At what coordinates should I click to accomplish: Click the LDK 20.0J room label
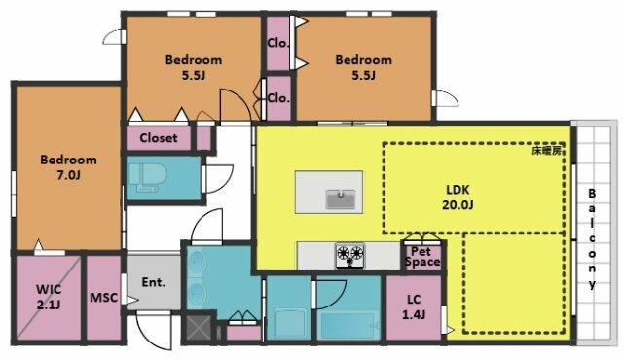(x=458, y=198)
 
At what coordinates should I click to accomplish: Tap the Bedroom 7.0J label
(x=68, y=167)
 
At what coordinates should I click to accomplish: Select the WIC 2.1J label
(x=49, y=297)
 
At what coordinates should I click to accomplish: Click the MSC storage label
(x=104, y=298)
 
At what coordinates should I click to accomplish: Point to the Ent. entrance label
(x=154, y=282)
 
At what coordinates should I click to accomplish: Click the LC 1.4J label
(x=414, y=306)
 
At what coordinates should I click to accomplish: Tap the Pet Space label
(x=422, y=257)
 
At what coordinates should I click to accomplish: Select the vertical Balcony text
(x=592, y=239)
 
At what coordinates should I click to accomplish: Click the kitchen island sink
(x=340, y=198)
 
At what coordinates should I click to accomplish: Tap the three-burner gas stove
(x=349, y=256)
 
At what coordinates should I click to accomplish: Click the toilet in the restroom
(x=148, y=178)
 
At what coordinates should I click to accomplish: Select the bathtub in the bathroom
(x=348, y=326)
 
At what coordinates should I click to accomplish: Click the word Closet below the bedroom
(x=158, y=138)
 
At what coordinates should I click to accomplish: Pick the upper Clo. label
(x=277, y=43)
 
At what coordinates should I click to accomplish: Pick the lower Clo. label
(x=278, y=97)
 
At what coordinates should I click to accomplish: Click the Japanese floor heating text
(x=549, y=151)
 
